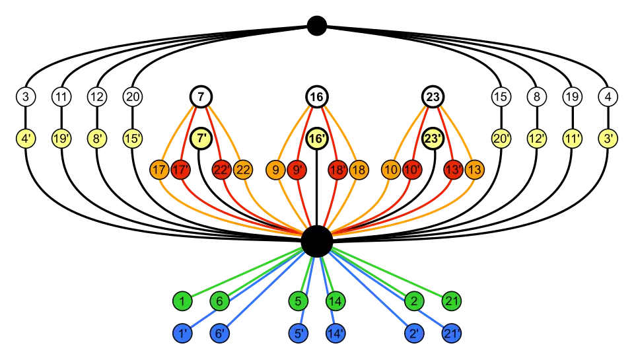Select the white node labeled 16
pos(316,98)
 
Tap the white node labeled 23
pos(433,98)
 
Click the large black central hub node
pos(316,241)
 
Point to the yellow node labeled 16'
pos(316,139)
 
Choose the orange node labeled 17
pos(158,170)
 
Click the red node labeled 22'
pos(221,170)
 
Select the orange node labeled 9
pos(275,170)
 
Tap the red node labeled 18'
pos(337,170)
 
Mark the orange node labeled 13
pos(474,170)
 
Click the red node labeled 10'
pos(412,170)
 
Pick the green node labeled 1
pos(182,302)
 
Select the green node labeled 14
pos(335,302)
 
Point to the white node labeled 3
pos(26,98)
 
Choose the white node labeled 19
pos(572,98)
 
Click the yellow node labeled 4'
pos(26,139)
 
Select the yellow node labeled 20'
pos(501,139)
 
